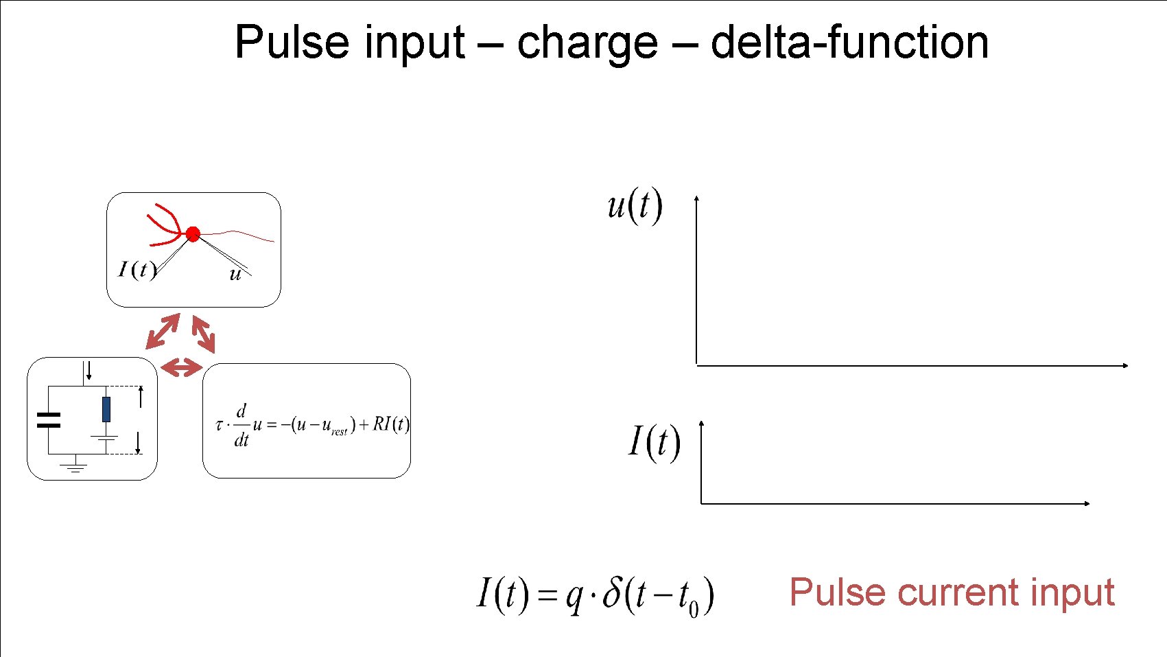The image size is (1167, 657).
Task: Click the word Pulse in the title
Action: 292,43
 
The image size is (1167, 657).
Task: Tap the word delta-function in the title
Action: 849,43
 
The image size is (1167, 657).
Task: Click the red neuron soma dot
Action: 193,234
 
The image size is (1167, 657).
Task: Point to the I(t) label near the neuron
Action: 137,269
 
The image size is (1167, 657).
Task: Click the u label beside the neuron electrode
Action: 235,275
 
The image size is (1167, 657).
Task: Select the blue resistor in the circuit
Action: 106,409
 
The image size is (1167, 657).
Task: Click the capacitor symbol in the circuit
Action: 48,420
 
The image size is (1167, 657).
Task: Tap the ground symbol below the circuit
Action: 74,468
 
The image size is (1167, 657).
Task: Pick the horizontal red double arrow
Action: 181,368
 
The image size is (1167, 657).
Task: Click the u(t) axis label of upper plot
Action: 635,205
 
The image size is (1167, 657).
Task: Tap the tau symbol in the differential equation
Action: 219,425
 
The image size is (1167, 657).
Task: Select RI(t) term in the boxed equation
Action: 391,424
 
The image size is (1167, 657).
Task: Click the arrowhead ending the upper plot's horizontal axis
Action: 1125,366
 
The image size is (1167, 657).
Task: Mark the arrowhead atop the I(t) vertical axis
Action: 701,424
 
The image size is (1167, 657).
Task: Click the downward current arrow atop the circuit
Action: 89,371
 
